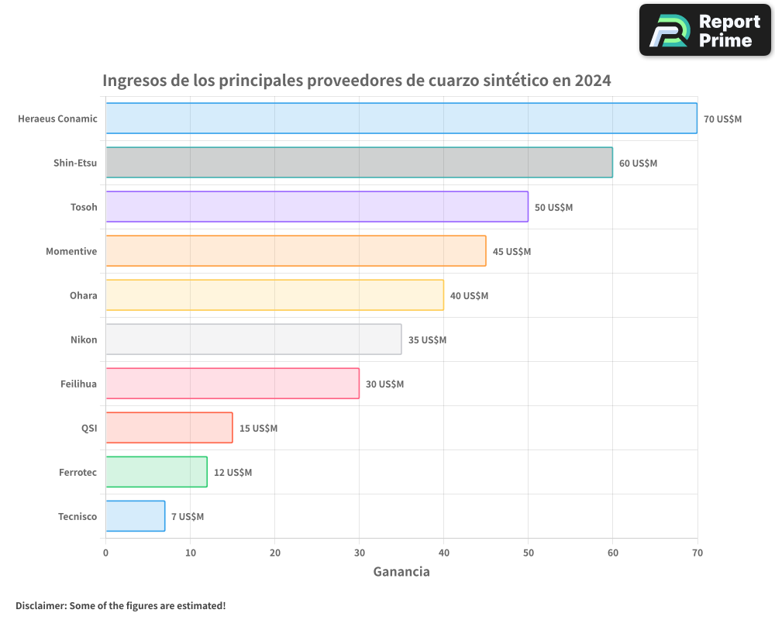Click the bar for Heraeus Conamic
point(401,119)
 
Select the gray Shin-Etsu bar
point(359,163)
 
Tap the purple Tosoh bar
point(316,207)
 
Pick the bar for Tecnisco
point(135,516)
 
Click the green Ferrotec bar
point(156,472)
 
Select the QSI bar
point(169,428)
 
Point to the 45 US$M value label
point(511,252)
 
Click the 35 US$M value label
point(427,340)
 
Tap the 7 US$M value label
point(188,517)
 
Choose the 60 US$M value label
point(638,164)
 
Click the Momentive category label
point(71,252)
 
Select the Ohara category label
point(84,296)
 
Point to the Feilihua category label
point(78,384)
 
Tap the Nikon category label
point(84,340)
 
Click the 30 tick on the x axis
point(359,553)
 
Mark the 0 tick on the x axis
point(106,553)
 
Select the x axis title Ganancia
point(401,572)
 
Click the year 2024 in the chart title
point(592,81)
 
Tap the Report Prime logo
point(704,30)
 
